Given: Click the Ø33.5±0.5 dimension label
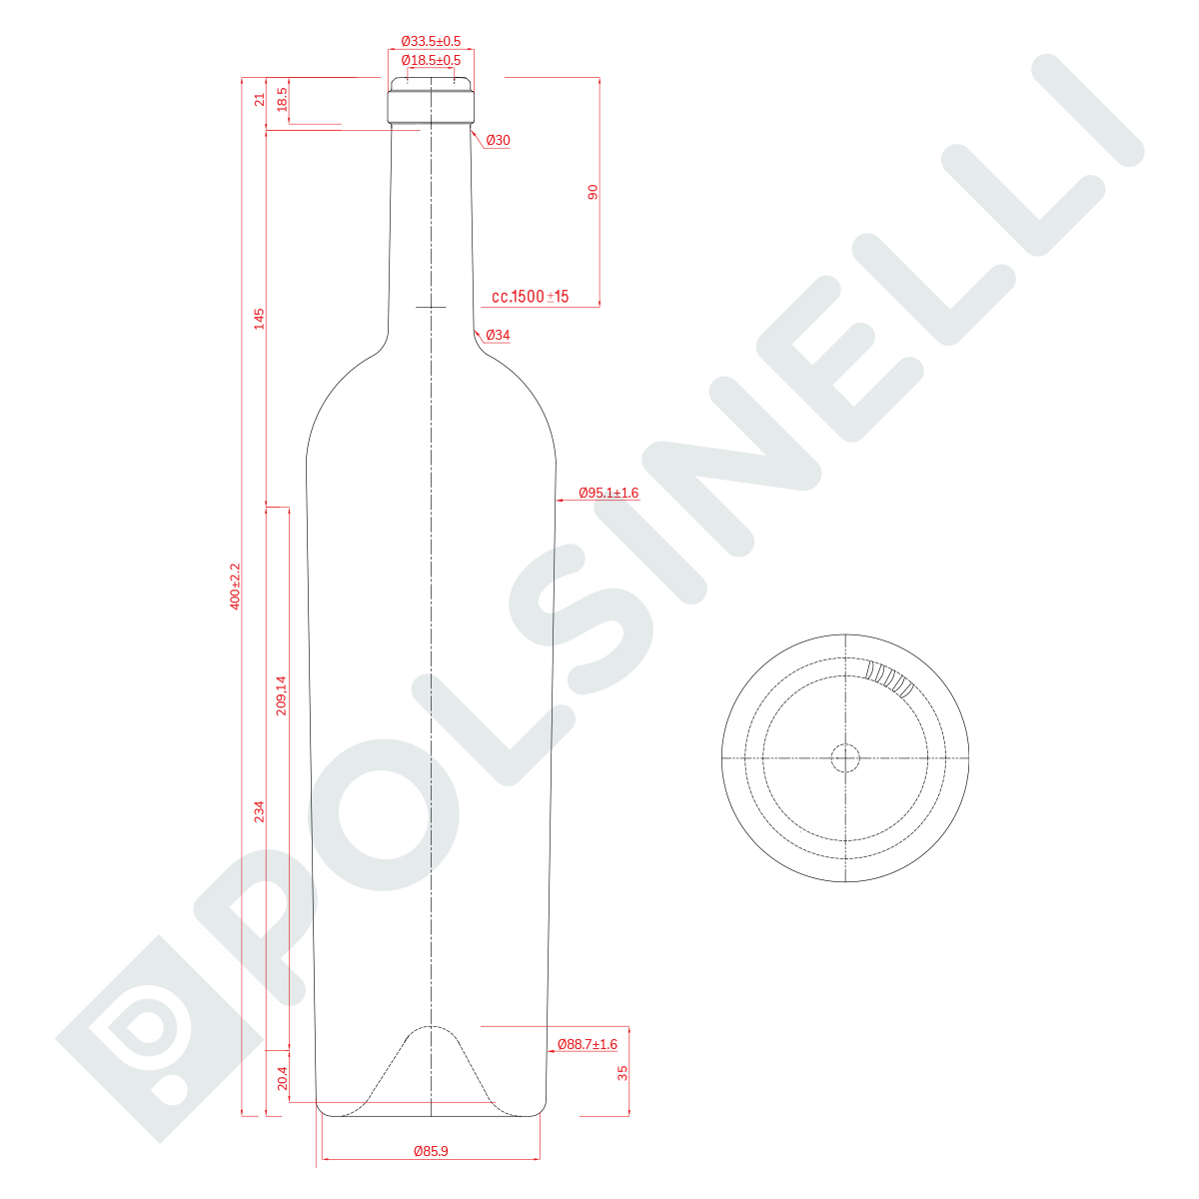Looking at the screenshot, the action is pos(431,41).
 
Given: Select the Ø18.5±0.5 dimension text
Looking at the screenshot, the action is pos(431,60).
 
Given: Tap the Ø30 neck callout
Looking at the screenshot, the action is pos(498,140).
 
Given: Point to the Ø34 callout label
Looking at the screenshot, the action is pos(498,335).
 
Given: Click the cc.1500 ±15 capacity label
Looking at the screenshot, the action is pos(531,296).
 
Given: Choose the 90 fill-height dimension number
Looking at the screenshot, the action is pos(593,192).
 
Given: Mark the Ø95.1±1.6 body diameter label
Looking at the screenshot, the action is pos(608,493).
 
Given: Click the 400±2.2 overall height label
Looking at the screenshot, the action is pos(235,587).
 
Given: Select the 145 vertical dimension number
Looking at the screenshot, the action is pos(260,319).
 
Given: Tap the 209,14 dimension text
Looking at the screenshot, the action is pos(281,695).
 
